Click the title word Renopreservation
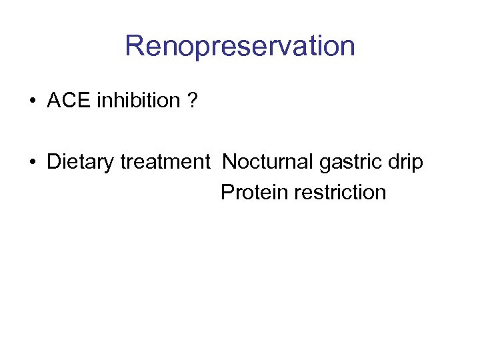(239, 47)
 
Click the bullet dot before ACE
(32, 101)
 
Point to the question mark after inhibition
(192, 101)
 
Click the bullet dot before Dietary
(32, 162)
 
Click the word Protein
(250, 192)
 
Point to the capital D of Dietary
(53, 162)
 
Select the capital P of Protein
(227, 192)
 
